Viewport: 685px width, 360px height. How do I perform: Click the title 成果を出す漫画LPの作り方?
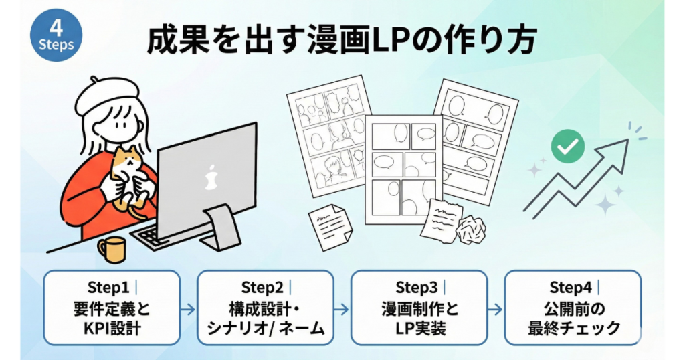341,41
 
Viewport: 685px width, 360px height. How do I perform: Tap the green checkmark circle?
567,147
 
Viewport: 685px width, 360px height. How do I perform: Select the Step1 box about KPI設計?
112,308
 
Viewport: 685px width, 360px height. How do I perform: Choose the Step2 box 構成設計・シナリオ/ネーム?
266,308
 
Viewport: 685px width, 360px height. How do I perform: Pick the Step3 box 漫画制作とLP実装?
419,308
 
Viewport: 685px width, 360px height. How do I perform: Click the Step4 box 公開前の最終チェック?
573,308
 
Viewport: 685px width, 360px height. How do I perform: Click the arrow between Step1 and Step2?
188,309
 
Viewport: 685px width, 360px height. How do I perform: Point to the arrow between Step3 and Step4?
495,309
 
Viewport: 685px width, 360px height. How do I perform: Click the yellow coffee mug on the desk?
112,249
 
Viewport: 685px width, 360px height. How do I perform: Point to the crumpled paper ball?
471,230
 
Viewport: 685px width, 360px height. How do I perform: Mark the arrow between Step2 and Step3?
342,309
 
